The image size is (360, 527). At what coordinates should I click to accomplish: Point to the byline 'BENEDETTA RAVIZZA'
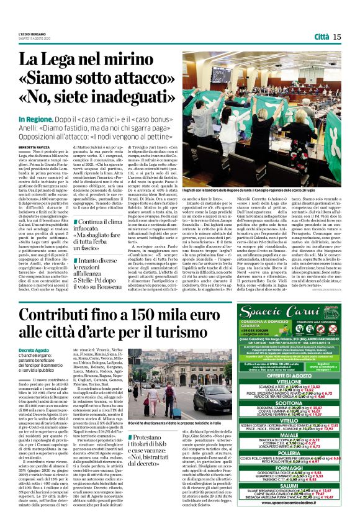[34, 146]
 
